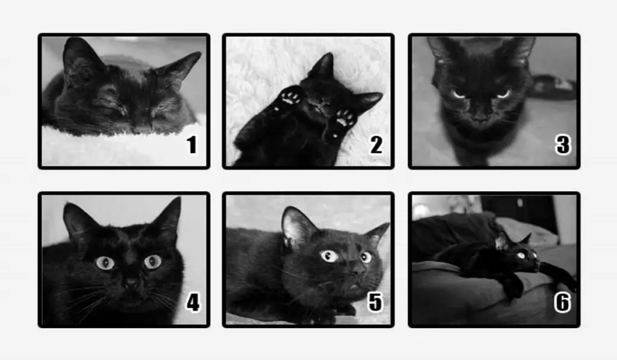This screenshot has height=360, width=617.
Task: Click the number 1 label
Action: [192, 145]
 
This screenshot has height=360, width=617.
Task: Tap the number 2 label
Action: [376, 145]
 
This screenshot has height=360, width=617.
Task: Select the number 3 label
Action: [563, 145]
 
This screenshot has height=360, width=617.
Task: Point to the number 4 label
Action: [193, 303]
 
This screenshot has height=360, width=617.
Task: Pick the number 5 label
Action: [375, 302]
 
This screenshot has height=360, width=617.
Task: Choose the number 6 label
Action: [562, 303]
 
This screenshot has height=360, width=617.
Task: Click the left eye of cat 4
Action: [105, 262]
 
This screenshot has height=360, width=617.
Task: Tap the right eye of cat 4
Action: [152, 261]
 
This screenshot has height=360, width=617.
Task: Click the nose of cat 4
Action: [131, 282]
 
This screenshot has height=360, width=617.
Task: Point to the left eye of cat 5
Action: [330, 256]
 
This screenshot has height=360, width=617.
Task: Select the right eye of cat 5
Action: [366, 257]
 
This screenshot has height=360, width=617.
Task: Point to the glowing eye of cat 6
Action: [521, 256]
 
